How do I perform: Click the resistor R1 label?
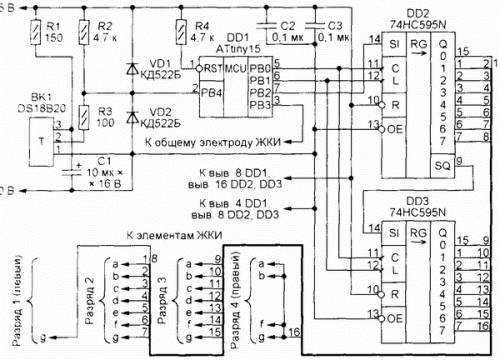point(56,24)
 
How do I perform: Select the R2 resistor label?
point(103,24)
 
